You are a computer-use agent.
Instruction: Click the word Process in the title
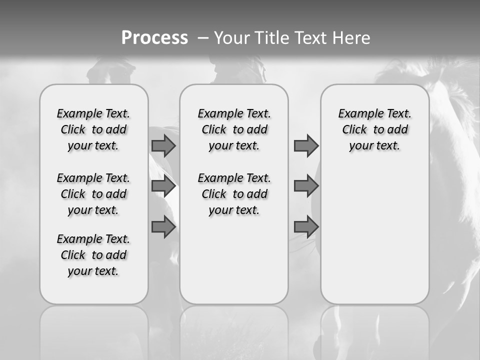click(x=154, y=37)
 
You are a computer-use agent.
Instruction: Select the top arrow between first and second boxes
click(x=163, y=146)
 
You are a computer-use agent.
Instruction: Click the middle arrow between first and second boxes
click(x=163, y=186)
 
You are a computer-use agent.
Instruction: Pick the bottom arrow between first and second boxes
click(x=163, y=227)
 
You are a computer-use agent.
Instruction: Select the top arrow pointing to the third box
click(x=306, y=146)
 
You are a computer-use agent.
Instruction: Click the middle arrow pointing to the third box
click(x=306, y=186)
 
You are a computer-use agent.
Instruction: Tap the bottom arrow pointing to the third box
click(x=306, y=227)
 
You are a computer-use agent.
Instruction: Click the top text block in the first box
click(x=93, y=129)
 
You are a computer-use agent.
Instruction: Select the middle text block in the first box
click(x=93, y=194)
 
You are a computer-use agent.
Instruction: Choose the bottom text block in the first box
click(x=93, y=255)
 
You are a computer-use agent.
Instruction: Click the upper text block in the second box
click(x=234, y=129)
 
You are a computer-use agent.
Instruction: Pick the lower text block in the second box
click(x=234, y=194)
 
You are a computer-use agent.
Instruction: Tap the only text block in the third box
click(x=374, y=129)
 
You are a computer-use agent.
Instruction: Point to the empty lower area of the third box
click(x=374, y=235)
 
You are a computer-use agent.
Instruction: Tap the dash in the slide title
click(x=203, y=38)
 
